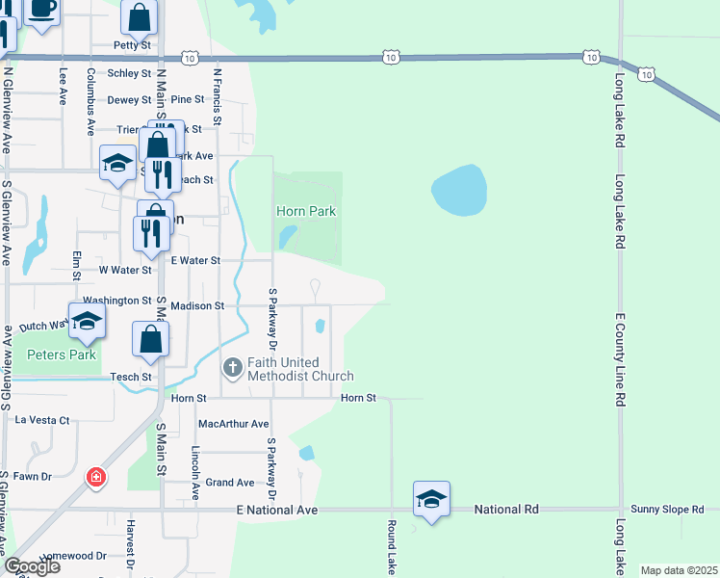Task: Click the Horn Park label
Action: coord(305,211)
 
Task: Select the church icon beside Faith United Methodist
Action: coord(232,368)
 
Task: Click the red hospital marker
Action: coord(96,477)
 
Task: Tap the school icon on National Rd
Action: coord(431,498)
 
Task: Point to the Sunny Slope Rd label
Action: coord(674,509)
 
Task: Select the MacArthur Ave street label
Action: coord(233,424)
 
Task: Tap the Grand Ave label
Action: coord(230,483)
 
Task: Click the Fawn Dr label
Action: coord(32,476)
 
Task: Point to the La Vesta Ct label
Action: coord(42,420)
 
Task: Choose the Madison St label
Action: coord(197,305)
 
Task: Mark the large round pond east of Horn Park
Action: coord(459,191)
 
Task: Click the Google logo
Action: coord(32,566)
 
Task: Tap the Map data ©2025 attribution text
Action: coord(678,570)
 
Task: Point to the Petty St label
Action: coord(132,44)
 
